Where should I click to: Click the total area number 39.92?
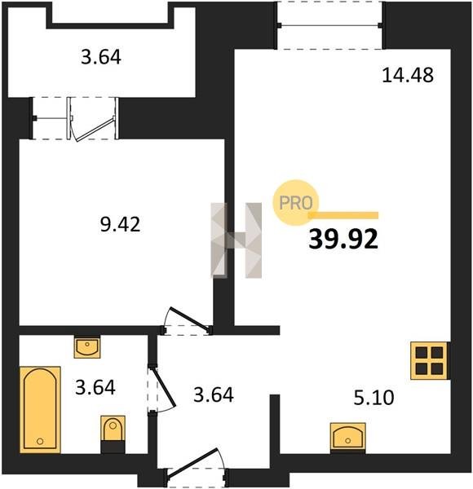pos(343,239)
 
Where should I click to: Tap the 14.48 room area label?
pos(408,76)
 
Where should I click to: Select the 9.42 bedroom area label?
pos(120,224)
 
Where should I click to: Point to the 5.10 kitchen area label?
pos(374,398)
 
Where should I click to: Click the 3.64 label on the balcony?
pos(101,57)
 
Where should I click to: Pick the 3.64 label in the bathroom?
pos(95,387)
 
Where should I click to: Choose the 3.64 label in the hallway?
pos(214,394)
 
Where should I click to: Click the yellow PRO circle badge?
pos(295,202)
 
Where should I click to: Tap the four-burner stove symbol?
pos(429,361)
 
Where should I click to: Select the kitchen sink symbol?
pos(347,437)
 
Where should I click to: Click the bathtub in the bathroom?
pos(40,410)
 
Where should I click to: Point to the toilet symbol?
pos(113,434)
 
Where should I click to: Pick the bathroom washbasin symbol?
pos(87,347)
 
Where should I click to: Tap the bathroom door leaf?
pos(163,387)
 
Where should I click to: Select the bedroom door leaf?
pos(188,319)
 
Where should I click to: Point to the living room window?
pos(329,25)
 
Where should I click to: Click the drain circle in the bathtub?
pos(40,441)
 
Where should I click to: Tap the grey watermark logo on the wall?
pos(236,240)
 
